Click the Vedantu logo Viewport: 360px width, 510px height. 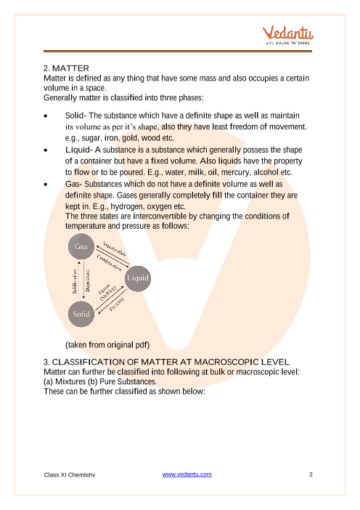point(288,35)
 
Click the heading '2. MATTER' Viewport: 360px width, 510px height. point(66,68)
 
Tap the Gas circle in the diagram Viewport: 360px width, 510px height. point(81,246)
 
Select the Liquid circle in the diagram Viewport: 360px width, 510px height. point(138,278)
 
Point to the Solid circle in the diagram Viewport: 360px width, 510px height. point(81,314)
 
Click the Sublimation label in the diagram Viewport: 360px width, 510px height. point(75,281)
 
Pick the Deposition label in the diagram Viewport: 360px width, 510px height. point(88,280)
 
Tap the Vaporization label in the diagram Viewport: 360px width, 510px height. point(115,248)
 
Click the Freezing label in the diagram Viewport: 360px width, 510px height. point(117,304)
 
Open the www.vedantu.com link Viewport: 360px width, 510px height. point(187,474)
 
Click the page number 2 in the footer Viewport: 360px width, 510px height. point(311,474)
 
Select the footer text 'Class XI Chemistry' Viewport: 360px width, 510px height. point(70,475)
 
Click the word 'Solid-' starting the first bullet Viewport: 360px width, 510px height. point(75,116)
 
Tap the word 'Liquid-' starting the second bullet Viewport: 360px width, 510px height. point(79,150)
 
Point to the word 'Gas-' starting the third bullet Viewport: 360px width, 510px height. point(73,184)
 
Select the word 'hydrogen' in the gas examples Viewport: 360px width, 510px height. point(127,206)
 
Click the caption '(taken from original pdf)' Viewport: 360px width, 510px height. point(107,345)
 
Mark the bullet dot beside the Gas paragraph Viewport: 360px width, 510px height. point(46,185)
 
